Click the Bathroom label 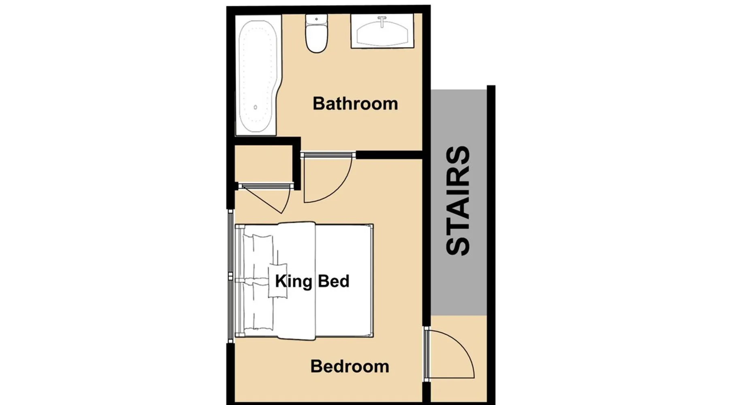coord(355,104)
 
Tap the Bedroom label coord(350,367)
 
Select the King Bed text coord(312,281)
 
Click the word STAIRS coord(458,200)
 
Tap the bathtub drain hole coord(256,107)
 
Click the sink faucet coord(382,21)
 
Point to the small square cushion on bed coord(278,281)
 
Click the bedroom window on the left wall coord(230,276)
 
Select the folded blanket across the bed coord(296,281)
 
